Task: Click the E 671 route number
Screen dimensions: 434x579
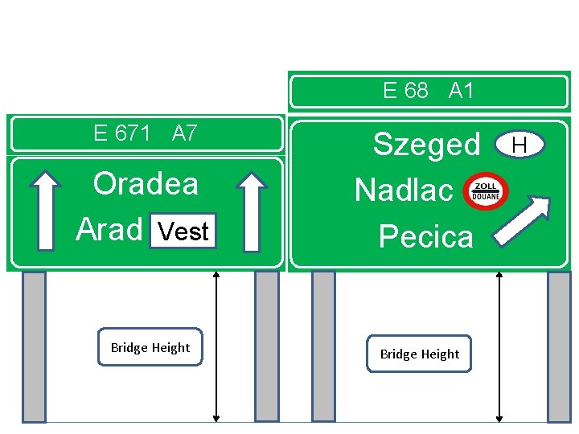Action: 121,133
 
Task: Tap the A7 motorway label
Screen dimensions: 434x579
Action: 184,133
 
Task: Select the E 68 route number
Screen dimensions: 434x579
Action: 405,91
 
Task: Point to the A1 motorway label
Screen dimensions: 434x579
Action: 461,91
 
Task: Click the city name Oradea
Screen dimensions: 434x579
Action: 146,184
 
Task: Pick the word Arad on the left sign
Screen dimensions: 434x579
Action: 109,230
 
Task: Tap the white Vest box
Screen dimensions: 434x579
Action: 183,231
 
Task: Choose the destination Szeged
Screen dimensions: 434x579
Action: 426,145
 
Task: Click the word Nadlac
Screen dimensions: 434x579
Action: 404,190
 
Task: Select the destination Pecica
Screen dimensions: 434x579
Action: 425,236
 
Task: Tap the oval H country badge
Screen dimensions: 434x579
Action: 519,145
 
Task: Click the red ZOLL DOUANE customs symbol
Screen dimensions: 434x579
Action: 487,190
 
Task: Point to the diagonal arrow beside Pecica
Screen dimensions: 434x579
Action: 523,219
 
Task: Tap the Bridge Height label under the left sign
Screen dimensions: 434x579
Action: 150,347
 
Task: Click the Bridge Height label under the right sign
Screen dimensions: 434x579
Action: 419,354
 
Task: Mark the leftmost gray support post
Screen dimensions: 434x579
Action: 34,346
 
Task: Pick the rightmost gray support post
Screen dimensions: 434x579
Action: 559,346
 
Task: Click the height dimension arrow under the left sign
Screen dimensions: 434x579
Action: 216,346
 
